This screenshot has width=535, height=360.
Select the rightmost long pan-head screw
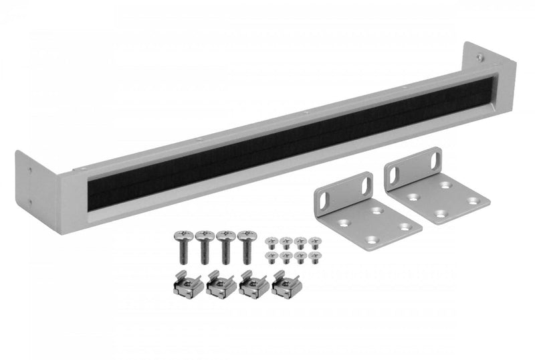click(246, 246)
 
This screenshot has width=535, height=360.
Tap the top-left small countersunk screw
click(271, 241)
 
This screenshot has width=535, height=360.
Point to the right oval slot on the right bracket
click(435, 161)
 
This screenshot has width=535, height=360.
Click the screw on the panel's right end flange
click(480, 58)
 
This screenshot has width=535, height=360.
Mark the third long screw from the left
click(225, 246)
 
